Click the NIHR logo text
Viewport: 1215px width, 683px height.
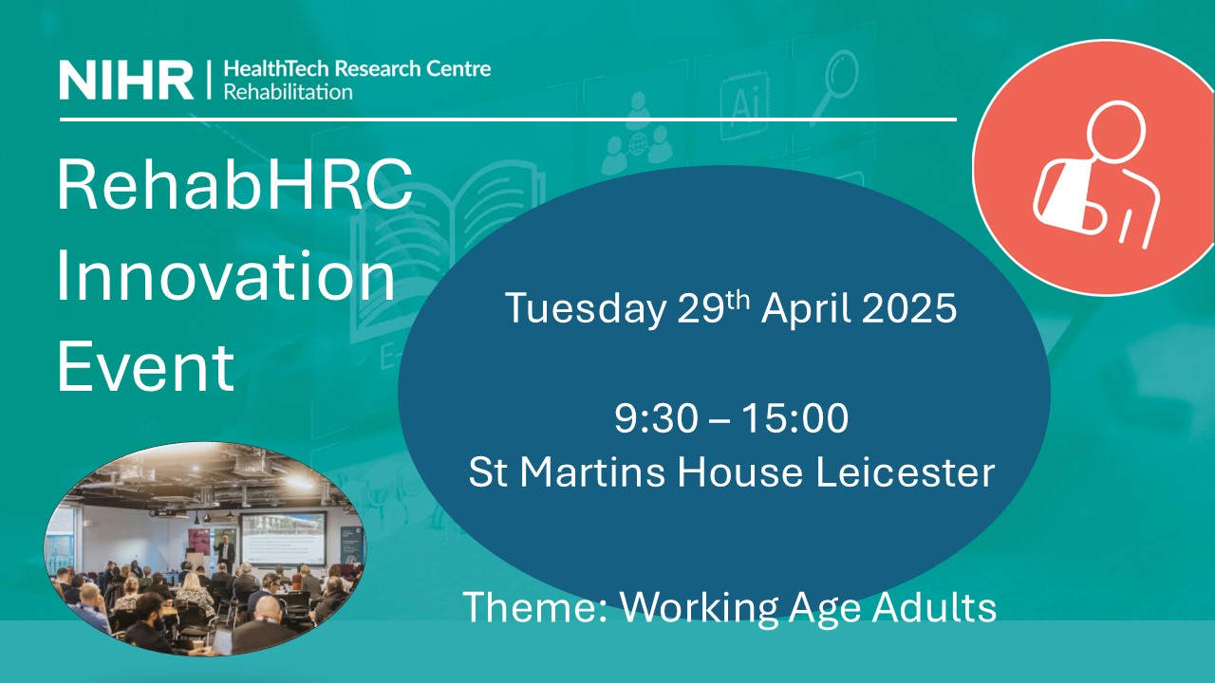(126, 80)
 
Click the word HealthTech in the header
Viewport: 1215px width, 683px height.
(276, 69)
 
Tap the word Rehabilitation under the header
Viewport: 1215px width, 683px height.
(288, 92)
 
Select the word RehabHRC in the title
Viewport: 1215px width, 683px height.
(235, 184)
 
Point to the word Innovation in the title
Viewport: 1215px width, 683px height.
(226, 275)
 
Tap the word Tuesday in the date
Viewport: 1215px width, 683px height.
(586, 309)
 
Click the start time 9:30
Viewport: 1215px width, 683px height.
(656, 418)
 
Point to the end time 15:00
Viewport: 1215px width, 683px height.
(795, 418)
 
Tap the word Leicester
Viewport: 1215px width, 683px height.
(906, 471)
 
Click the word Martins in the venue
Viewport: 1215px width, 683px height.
(592, 471)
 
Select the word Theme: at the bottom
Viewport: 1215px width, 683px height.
(534, 607)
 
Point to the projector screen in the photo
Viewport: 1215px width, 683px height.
(283, 538)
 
